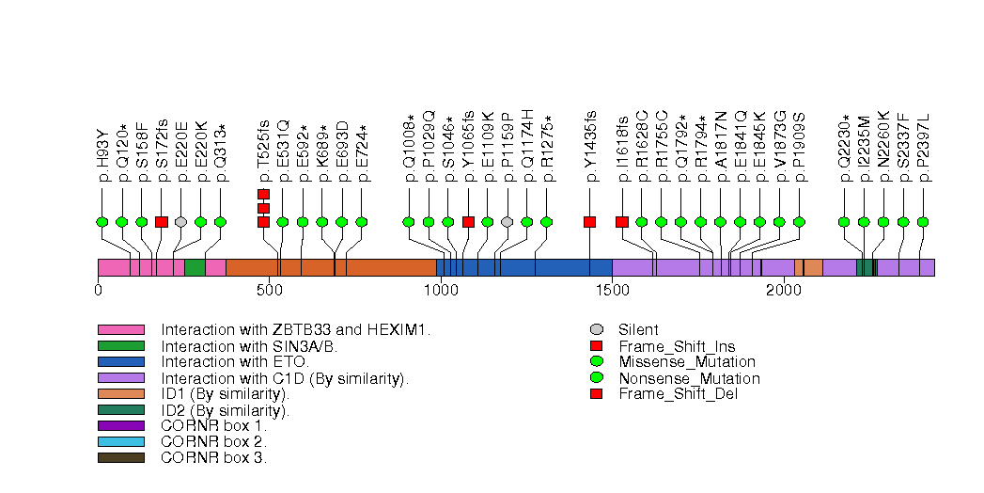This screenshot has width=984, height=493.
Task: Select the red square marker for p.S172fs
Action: click(x=161, y=222)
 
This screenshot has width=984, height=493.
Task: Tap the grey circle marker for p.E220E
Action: click(x=180, y=222)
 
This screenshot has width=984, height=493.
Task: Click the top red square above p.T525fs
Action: click(x=263, y=194)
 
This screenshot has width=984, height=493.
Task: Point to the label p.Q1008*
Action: click(x=410, y=150)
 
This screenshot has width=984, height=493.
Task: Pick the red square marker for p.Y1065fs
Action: click(x=468, y=222)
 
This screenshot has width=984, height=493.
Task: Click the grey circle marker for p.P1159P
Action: click(x=508, y=222)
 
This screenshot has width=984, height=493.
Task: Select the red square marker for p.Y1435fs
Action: click(x=589, y=222)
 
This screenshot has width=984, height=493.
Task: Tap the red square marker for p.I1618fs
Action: click(x=621, y=222)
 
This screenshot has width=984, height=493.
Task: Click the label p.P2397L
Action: click(x=923, y=150)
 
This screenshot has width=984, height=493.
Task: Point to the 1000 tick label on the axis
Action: click(x=441, y=291)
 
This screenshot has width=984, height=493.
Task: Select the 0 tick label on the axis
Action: click(x=98, y=291)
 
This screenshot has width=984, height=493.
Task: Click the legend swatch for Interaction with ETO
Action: click(x=120, y=361)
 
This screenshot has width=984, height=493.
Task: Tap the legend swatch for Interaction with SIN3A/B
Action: click(x=120, y=345)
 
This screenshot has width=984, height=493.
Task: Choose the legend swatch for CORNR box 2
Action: click(x=120, y=441)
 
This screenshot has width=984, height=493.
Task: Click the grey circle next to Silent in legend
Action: click(x=596, y=329)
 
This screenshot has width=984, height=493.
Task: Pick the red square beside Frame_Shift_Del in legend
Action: click(x=596, y=393)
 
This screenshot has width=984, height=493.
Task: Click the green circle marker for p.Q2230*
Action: click(x=844, y=222)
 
